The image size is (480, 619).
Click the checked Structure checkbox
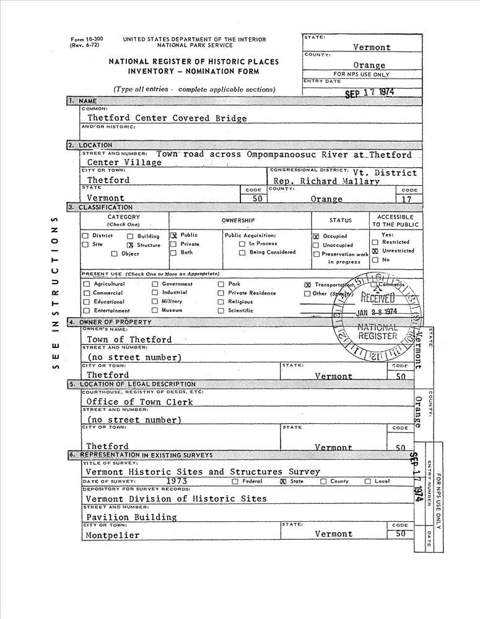(x=130, y=245)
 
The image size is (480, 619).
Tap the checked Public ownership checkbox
(x=173, y=235)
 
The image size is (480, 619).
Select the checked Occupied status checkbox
(x=316, y=236)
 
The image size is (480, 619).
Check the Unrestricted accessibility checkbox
(x=375, y=251)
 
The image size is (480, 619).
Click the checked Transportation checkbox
(x=307, y=284)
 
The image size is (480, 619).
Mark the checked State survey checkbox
(x=283, y=481)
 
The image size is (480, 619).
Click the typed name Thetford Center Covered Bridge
(x=149, y=118)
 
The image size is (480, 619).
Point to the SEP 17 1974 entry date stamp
(x=369, y=92)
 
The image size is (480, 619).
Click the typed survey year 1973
(x=177, y=480)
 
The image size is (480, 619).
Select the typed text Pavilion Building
(x=131, y=517)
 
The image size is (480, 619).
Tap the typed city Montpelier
(x=112, y=535)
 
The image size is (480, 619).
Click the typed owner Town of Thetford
(x=129, y=339)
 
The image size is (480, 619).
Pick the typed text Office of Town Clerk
(x=139, y=402)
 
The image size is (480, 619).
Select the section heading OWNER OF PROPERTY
(x=115, y=322)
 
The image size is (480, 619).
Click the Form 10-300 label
(x=87, y=39)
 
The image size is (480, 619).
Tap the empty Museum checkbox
(x=155, y=311)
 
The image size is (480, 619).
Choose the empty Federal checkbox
(x=235, y=481)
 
